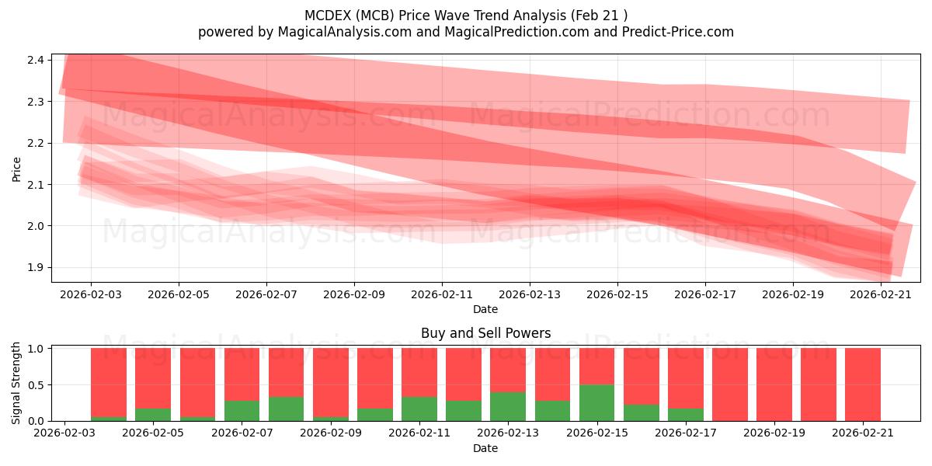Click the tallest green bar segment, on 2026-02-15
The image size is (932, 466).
(596, 403)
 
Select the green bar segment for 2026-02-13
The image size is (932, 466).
(508, 406)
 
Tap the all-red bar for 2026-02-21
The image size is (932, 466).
(863, 384)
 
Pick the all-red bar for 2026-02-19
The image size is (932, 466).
(774, 384)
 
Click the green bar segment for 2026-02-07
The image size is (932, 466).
(242, 411)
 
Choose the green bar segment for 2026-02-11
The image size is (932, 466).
(419, 409)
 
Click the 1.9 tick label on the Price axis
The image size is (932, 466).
(36, 267)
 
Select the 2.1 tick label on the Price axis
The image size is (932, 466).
(36, 185)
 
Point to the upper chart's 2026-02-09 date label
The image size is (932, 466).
(354, 294)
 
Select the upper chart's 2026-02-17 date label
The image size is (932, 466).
(705, 294)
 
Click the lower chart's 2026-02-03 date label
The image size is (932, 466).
(64, 433)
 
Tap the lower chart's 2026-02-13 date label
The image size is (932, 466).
(508, 433)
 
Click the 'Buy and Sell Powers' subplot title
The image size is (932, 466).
(486, 333)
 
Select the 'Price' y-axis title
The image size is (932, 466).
(16, 169)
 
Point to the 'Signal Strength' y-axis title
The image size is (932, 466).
(16, 383)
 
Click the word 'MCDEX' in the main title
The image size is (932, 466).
(328, 16)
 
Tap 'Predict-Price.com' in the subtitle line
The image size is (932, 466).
(678, 32)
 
